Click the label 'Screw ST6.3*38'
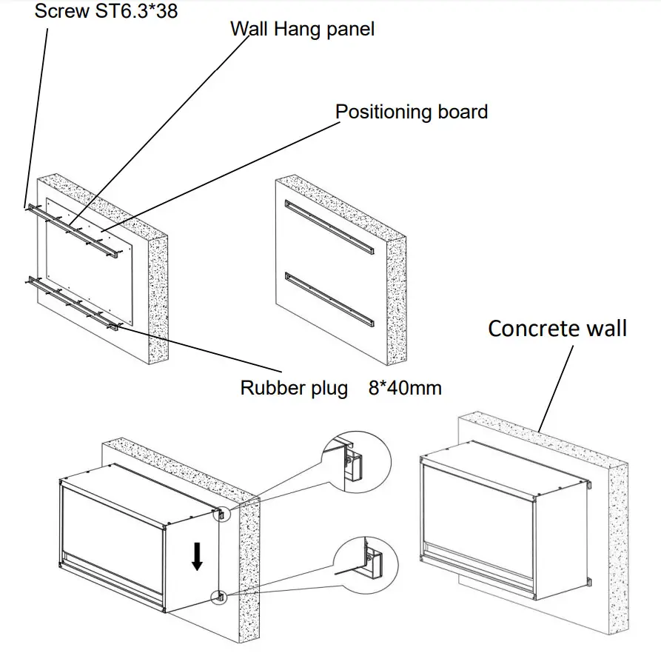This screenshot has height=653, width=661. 107,11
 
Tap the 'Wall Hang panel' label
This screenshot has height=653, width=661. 302,30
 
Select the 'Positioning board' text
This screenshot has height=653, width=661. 412,113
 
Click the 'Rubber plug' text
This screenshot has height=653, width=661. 294,388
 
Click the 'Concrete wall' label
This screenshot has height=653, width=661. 557,328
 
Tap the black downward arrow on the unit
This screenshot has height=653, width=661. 197,555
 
